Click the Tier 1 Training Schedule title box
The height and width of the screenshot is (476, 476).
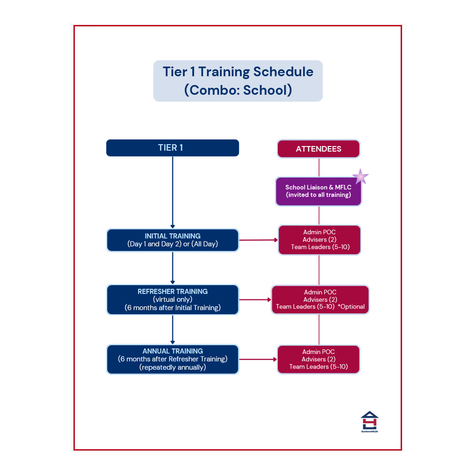pos(238,81)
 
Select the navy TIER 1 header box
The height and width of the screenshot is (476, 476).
pos(172,148)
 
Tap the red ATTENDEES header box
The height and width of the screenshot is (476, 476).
pos(318,149)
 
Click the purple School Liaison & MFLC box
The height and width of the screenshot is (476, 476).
pos(318,191)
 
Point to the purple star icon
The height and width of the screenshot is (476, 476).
pos(360,177)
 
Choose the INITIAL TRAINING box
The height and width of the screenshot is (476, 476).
pos(172,240)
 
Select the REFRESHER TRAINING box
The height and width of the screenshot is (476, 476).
pos(172,299)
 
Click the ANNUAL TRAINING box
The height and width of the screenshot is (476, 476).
pos(172,359)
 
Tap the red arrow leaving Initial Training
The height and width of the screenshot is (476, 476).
pos(258,240)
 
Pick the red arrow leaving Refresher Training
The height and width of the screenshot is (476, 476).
pos(255,299)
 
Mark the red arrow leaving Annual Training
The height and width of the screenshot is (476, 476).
pos(258,359)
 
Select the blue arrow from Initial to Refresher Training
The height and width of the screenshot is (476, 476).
pos(172,268)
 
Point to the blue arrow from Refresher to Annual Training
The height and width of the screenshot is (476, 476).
pos(172,329)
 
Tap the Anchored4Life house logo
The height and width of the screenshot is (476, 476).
pos(369,421)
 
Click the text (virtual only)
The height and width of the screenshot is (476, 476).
pos(172,299)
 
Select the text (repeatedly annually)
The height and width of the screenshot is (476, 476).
pos(172,367)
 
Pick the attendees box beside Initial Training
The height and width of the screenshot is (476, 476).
pos(319,240)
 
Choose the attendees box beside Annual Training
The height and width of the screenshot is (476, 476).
pos(318,359)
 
